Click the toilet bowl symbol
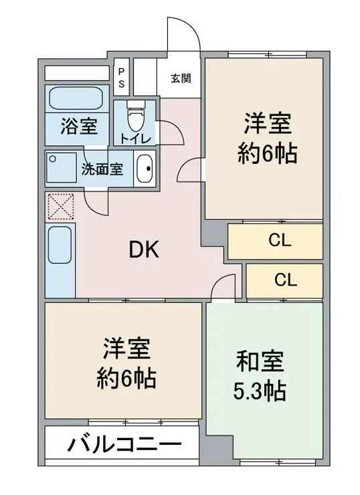(x=136, y=116)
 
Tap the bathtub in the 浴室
(x=76, y=98)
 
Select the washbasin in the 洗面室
(x=145, y=169)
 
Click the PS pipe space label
(x=121, y=78)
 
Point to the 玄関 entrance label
(x=181, y=78)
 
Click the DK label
(x=144, y=250)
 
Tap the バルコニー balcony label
(x=124, y=445)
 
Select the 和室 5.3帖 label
(x=260, y=376)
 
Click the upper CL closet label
(x=280, y=241)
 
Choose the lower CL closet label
(x=286, y=280)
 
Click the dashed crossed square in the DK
(x=61, y=207)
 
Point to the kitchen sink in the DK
(x=60, y=245)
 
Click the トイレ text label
(x=135, y=138)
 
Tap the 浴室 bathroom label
(x=79, y=126)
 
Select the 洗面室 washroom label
(x=102, y=169)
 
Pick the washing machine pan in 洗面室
(x=62, y=168)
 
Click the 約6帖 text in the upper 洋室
(x=267, y=153)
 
